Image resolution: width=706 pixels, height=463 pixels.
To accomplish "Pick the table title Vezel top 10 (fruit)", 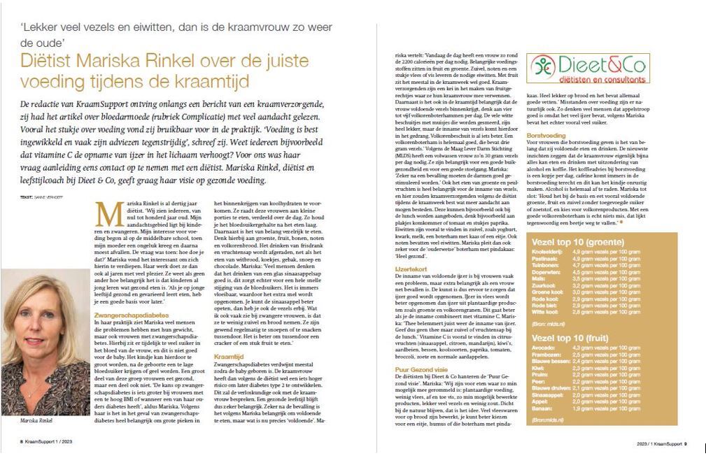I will (x=574, y=337).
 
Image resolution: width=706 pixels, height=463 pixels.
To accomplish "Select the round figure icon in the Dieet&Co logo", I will (x=542, y=67).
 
